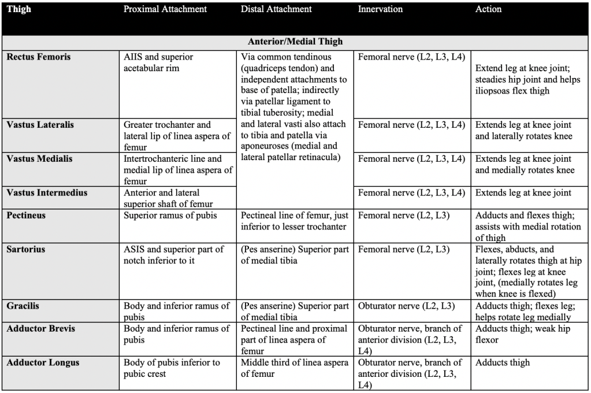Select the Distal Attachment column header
tap(276, 9)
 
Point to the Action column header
tap(488, 9)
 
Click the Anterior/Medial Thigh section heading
tap(295, 42)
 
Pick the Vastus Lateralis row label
tap(40, 125)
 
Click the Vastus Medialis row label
tap(39, 159)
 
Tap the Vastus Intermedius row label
tap(47, 192)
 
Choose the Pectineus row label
tap(26, 216)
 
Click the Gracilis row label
tap(23, 306)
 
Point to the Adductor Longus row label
tap(43, 363)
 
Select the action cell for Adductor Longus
tap(502, 363)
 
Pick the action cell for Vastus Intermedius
tap(523, 192)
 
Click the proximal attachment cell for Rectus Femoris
tap(159, 62)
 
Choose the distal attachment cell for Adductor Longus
tap(295, 368)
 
